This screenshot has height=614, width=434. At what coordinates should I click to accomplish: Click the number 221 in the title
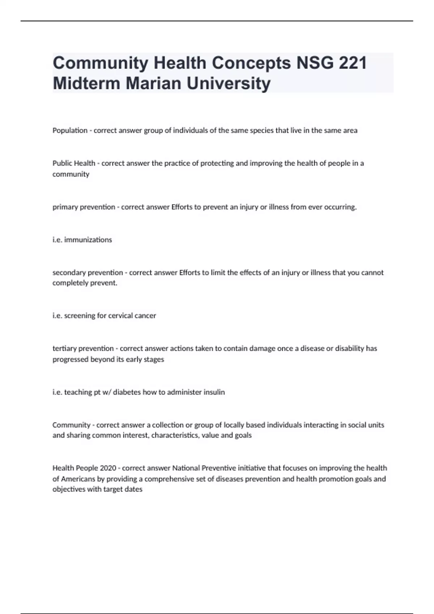[353, 63]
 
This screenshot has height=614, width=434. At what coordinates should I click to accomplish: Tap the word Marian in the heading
[153, 83]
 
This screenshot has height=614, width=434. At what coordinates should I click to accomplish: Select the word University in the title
[229, 83]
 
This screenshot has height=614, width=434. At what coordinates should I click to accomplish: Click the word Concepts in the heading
[251, 63]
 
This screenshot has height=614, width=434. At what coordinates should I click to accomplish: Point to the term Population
[70, 130]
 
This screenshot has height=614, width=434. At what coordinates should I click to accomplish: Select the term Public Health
[74, 163]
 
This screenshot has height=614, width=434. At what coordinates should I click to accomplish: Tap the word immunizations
[88, 240]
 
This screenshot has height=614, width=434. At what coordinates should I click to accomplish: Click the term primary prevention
[84, 207]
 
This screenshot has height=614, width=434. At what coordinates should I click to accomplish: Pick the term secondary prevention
[88, 272]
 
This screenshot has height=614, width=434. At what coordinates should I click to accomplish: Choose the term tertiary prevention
[83, 349]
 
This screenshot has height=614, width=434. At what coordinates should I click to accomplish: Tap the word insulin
[215, 392]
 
